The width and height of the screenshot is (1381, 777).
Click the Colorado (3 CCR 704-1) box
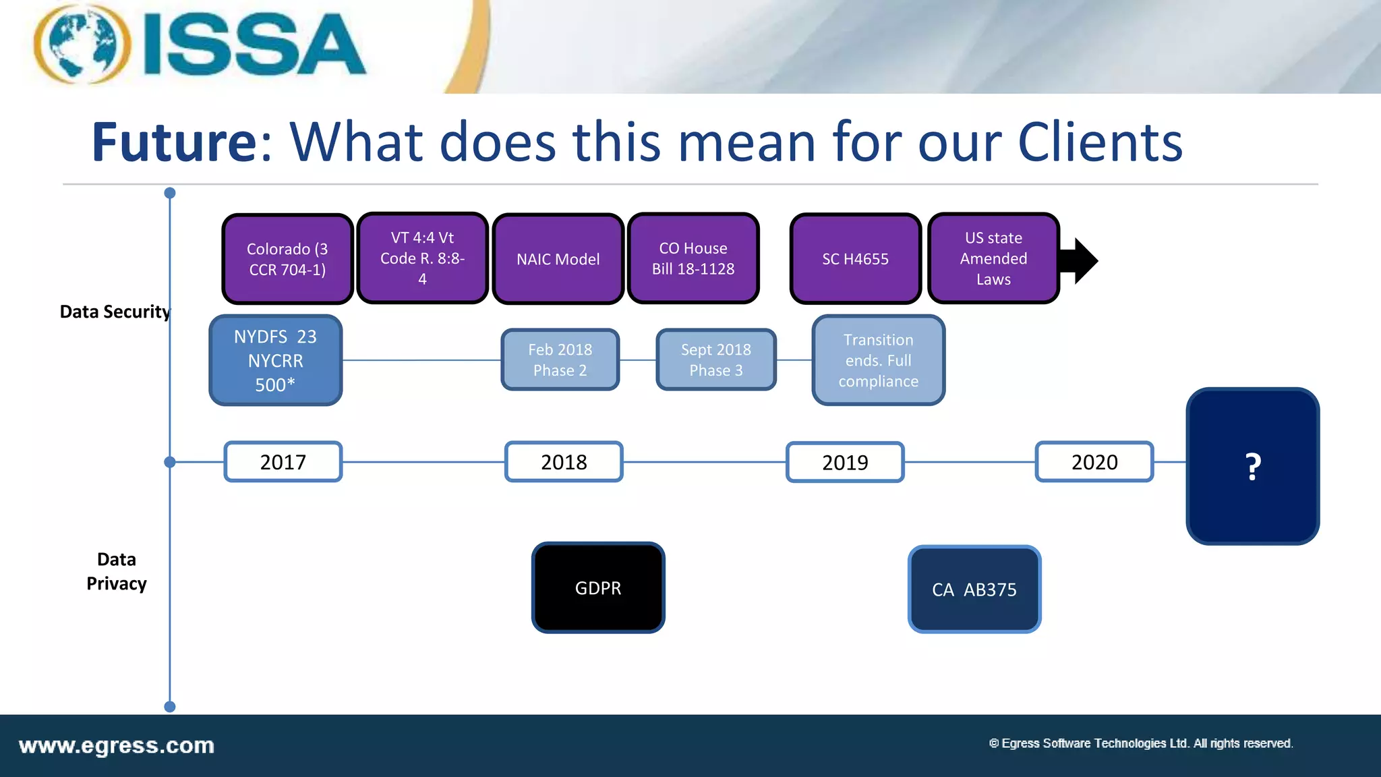point(287,259)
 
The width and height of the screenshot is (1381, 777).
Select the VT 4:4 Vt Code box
point(422,258)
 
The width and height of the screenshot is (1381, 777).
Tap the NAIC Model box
point(558,259)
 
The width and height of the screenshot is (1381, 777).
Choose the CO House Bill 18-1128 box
point(693,258)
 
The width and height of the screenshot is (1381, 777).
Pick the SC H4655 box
point(855,259)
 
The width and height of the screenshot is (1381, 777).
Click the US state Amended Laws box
point(993,258)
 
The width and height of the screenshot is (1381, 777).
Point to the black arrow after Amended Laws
point(1080,260)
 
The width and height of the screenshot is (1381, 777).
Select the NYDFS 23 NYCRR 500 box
point(275,361)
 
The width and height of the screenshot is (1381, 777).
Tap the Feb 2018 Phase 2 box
point(560,360)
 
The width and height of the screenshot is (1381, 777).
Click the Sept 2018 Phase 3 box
point(715,360)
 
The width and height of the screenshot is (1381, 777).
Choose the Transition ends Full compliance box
point(878,361)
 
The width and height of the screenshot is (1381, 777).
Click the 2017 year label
point(283,462)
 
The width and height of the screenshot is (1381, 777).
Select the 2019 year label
point(845,462)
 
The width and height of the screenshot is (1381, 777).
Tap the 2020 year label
point(1094,462)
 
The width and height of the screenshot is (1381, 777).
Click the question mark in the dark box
point(1252,467)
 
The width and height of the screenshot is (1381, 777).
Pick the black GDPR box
point(598,588)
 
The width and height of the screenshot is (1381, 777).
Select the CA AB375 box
point(974,589)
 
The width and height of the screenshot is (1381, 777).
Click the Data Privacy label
point(117,571)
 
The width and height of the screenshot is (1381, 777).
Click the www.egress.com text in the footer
point(117,746)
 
